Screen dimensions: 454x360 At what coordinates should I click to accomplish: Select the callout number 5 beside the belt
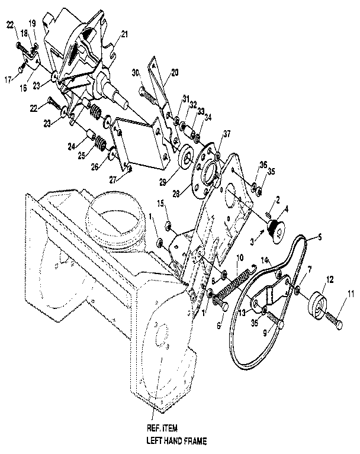pyautogui.click(x=320, y=237)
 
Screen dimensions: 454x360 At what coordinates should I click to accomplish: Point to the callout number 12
pyautogui.click(x=330, y=279)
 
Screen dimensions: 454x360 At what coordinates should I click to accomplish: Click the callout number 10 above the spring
pyautogui.click(x=240, y=258)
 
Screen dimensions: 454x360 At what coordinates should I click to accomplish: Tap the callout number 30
pyautogui.click(x=135, y=73)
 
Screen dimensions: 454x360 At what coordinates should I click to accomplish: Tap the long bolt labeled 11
pyautogui.click(x=334, y=320)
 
